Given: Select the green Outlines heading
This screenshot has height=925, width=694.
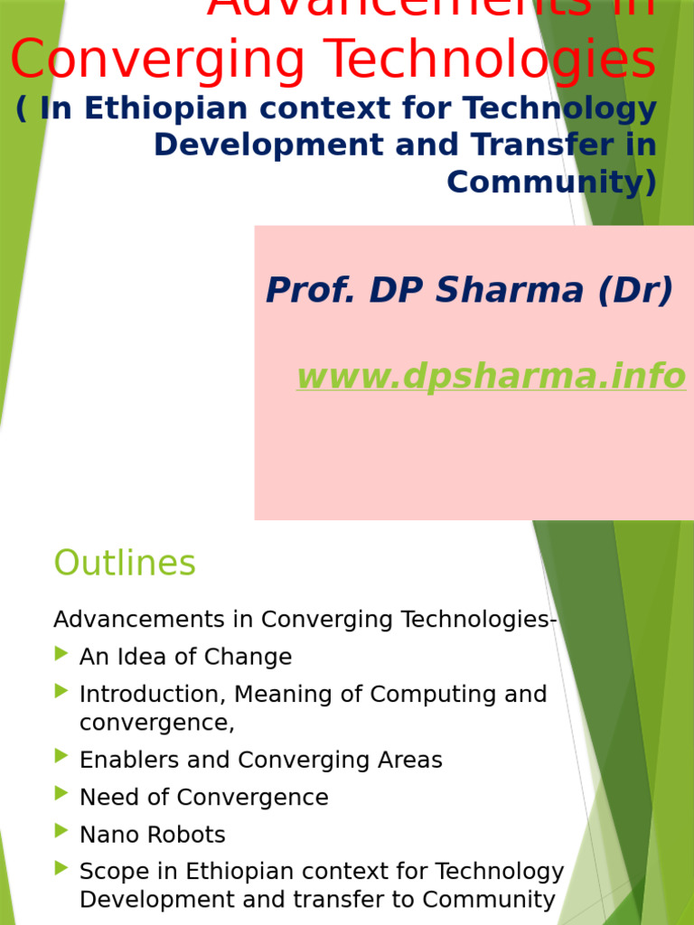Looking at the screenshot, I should click(x=125, y=563).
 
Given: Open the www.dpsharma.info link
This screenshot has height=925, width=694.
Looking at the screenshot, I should click(x=491, y=376).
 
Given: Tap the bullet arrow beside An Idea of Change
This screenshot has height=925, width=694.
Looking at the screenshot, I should click(x=61, y=654).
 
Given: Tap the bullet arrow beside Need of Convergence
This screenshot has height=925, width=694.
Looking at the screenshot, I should click(x=61, y=794).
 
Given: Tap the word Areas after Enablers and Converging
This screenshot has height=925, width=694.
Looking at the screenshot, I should click(x=408, y=761).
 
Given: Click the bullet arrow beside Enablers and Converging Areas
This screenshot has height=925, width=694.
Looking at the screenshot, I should click(x=61, y=757).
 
